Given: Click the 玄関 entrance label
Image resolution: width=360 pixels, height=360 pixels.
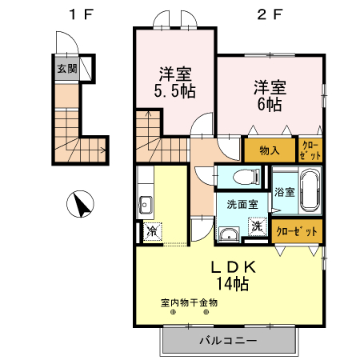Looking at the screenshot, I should (67, 69).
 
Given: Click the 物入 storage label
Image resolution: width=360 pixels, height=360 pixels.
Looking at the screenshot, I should (270, 150).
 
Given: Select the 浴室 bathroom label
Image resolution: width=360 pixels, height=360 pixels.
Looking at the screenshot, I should (284, 192).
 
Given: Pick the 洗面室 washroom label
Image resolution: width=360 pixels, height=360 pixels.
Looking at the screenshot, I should (240, 205).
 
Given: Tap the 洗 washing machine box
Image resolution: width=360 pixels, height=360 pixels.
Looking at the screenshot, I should (258, 226).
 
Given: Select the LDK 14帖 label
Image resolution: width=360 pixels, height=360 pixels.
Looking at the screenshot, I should (232, 274).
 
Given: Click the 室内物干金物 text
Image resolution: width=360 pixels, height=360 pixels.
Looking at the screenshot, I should (189, 302).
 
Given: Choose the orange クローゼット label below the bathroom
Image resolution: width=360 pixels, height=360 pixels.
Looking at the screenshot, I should (297, 230).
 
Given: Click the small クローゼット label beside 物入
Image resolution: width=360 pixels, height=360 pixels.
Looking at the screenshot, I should (310, 149).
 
